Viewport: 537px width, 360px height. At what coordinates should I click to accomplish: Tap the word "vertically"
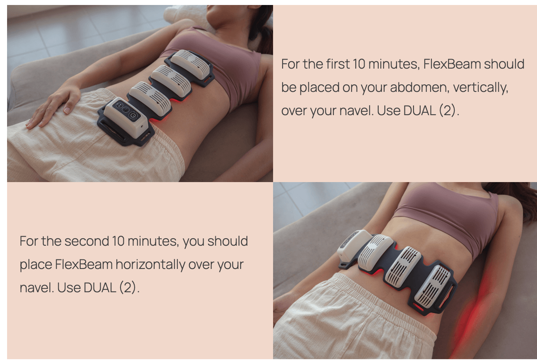pos(480,88)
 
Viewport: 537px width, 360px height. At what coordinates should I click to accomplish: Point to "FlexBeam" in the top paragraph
pos(452,64)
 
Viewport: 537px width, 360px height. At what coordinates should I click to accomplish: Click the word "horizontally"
pos(150,264)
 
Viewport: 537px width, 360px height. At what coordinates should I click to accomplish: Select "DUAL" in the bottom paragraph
pos(100,288)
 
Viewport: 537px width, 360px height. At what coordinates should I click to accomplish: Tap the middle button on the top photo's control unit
pos(126,110)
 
